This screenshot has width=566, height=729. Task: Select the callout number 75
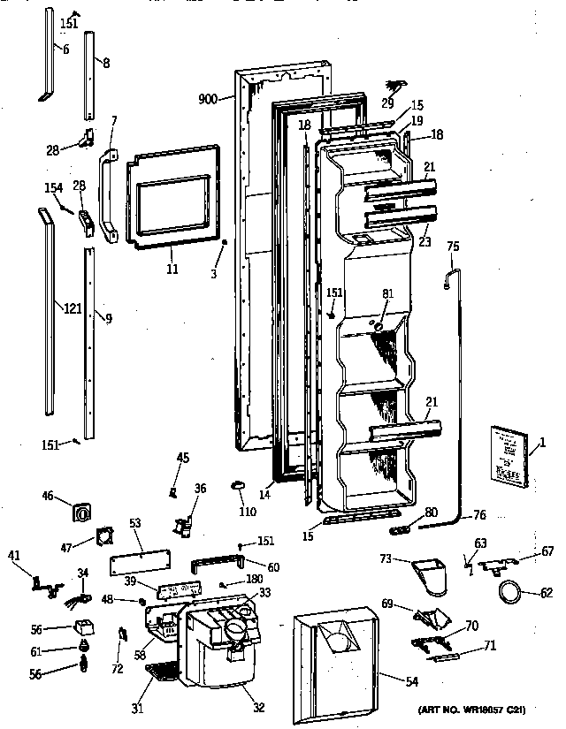click(x=453, y=248)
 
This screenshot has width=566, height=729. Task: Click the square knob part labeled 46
click(x=84, y=513)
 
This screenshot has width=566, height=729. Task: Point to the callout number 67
click(x=548, y=550)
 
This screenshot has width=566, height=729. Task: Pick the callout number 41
click(x=13, y=554)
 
